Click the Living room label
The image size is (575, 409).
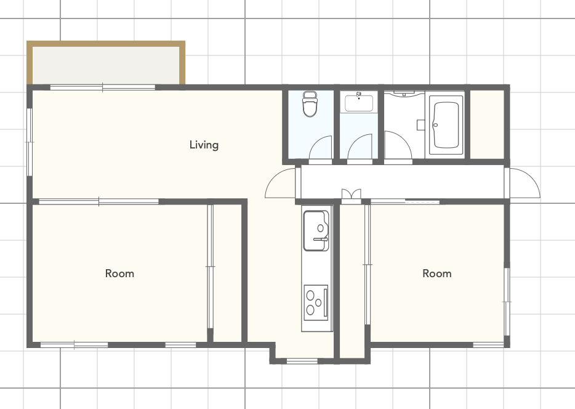point(204,145)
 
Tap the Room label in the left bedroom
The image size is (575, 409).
point(119,273)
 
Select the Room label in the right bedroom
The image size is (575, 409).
point(436,273)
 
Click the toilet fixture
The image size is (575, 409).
point(310,104)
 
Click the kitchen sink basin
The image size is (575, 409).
point(316,231)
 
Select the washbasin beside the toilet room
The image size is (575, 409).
point(359,102)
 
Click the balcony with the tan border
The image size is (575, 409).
point(106,63)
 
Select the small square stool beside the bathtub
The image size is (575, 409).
point(420,124)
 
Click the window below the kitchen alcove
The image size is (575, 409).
point(302,362)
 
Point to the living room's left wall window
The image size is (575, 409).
point(30,142)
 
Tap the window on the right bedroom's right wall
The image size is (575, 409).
point(507,302)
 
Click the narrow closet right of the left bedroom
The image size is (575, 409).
point(227,273)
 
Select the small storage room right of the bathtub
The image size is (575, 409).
point(487,124)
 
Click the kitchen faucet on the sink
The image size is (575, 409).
point(321,239)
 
